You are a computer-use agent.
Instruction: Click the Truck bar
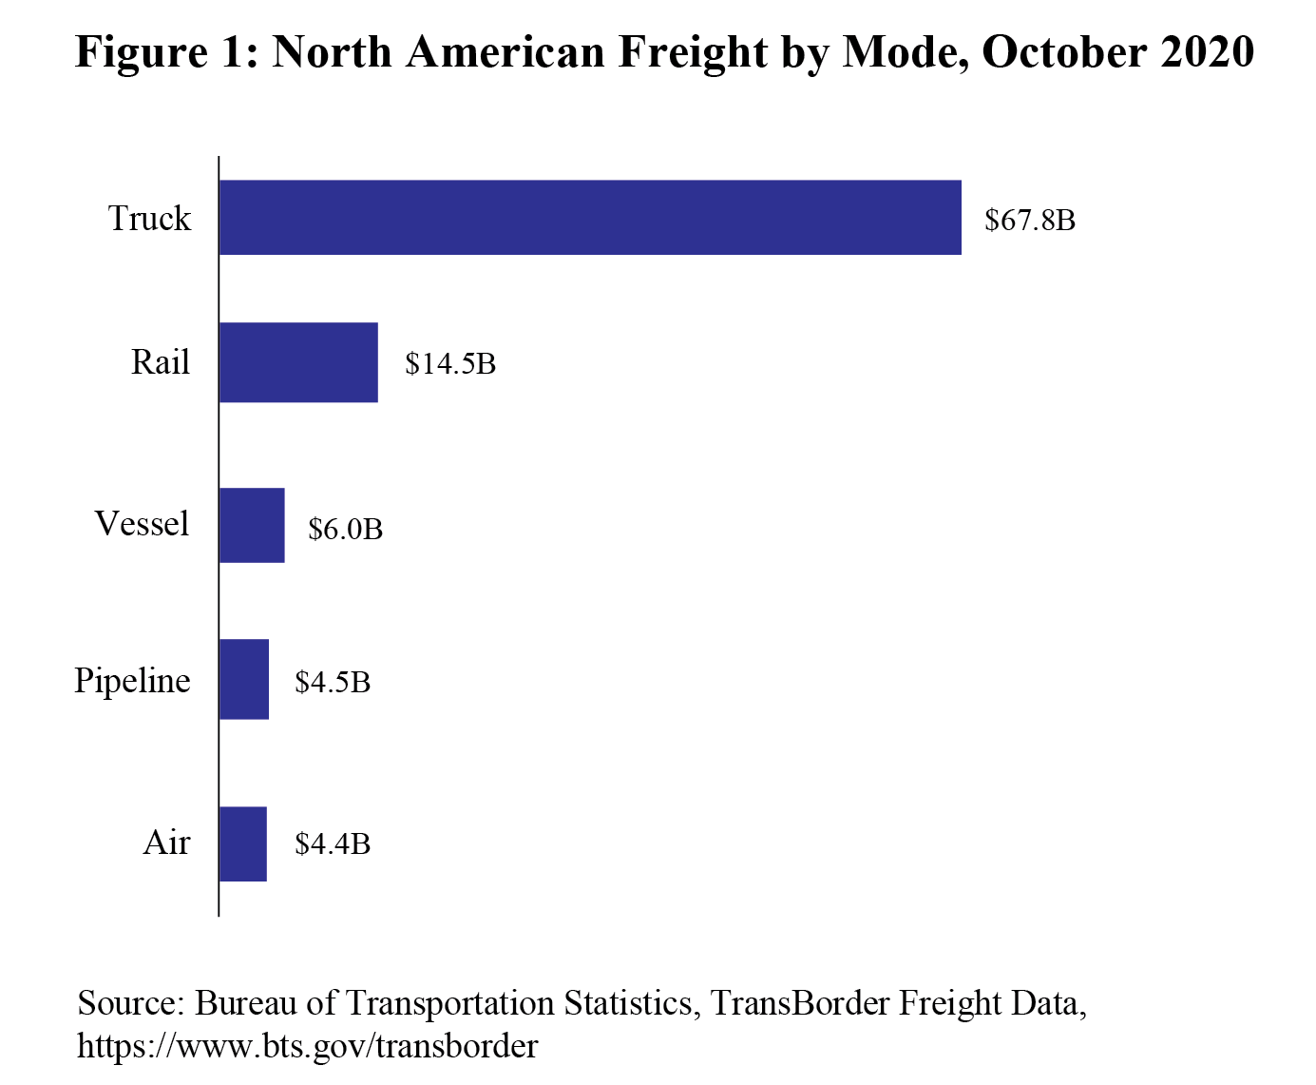[x=590, y=218]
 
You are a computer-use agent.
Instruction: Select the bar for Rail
[x=298, y=362]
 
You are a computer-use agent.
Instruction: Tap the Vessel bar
[x=252, y=525]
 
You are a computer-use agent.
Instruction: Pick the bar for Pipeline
[x=244, y=679]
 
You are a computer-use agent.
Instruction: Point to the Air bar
[x=243, y=843]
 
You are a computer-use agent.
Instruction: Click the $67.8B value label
[x=1030, y=221]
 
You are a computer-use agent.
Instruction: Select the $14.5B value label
[x=450, y=364]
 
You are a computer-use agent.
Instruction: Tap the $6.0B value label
[x=345, y=529]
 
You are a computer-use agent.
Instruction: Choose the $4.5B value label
[x=333, y=682]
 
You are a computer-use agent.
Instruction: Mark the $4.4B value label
[x=333, y=843]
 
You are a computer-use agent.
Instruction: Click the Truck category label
[x=149, y=219]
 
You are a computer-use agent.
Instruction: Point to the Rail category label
[x=160, y=362]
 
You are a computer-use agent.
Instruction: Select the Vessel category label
[x=142, y=524]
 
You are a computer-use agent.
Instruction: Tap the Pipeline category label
[x=132, y=681]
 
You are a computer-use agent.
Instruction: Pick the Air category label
[x=166, y=843]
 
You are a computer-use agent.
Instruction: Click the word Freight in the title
[x=694, y=52]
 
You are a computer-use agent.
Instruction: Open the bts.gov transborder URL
[x=307, y=1046]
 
